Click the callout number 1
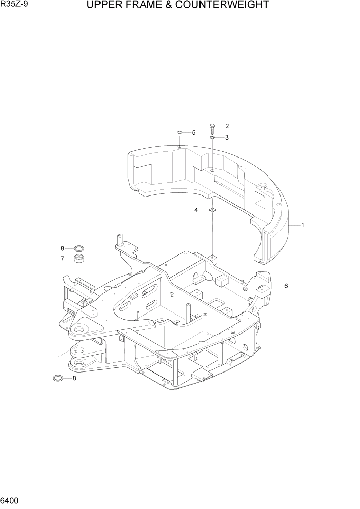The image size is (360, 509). pyautogui.click(x=303, y=225)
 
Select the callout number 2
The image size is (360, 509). pyautogui.click(x=227, y=126)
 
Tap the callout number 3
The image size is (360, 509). pyautogui.click(x=227, y=137)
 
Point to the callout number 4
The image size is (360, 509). pyautogui.click(x=196, y=210)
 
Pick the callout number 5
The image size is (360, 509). pyautogui.click(x=193, y=133)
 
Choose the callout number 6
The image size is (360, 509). pyautogui.click(x=286, y=286)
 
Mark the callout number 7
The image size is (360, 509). pyautogui.click(x=62, y=259)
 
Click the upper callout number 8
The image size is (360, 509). pyautogui.click(x=62, y=248)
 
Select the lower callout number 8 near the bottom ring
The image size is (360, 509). pyautogui.click(x=74, y=378)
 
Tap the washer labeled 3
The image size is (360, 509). pyautogui.click(x=212, y=137)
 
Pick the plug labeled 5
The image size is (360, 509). pyautogui.click(x=179, y=133)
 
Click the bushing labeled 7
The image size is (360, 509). pyautogui.click(x=79, y=259)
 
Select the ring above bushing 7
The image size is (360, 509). pyautogui.click(x=79, y=248)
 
